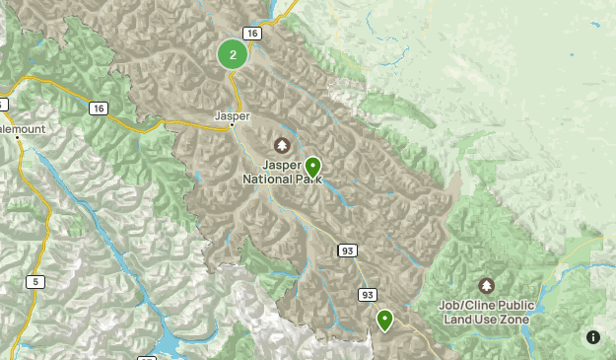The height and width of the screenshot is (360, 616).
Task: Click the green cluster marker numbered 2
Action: (x=233, y=55)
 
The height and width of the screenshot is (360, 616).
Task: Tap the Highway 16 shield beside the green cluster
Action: (x=253, y=34)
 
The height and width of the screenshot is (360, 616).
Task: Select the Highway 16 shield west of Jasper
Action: (x=98, y=108)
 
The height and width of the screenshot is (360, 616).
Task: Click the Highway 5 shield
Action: (x=36, y=282)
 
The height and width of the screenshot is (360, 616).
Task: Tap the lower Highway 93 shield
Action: (x=368, y=295)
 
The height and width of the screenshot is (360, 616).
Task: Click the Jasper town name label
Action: (x=233, y=115)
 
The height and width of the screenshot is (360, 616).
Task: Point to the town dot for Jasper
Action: (x=234, y=127)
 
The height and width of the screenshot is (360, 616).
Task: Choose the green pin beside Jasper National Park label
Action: (x=312, y=166)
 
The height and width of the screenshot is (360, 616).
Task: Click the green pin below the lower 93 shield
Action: (x=384, y=320)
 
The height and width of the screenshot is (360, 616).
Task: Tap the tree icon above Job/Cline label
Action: (x=486, y=284)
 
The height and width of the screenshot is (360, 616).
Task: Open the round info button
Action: (x=593, y=337)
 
